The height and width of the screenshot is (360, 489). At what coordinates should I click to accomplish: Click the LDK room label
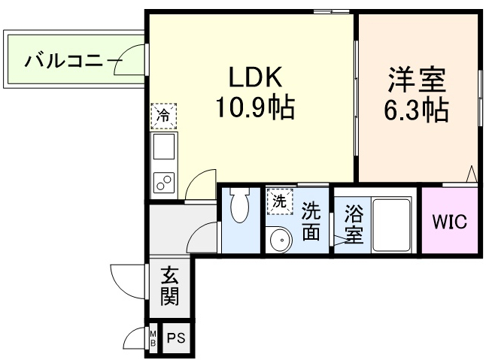[254, 77]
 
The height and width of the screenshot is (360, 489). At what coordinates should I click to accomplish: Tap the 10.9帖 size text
[255, 110]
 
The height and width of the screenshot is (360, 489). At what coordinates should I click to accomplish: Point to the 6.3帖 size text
[417, 110]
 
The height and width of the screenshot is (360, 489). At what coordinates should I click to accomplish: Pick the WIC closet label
[448, 222]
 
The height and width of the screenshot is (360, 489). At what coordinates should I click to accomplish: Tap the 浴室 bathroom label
[354, 224]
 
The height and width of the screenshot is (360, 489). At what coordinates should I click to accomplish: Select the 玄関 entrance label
[169, 287]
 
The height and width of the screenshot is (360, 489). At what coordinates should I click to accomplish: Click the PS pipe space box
[175, 339]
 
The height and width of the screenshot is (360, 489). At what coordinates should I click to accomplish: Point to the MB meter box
[153, 339]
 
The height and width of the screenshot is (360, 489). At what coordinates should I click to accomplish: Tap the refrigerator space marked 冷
[163, 115]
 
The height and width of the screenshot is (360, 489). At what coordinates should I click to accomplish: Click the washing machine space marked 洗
[278, 201]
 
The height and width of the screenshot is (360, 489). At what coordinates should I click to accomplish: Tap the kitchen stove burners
[163, 181]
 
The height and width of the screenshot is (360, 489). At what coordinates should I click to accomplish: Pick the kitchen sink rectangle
[164, 149]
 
